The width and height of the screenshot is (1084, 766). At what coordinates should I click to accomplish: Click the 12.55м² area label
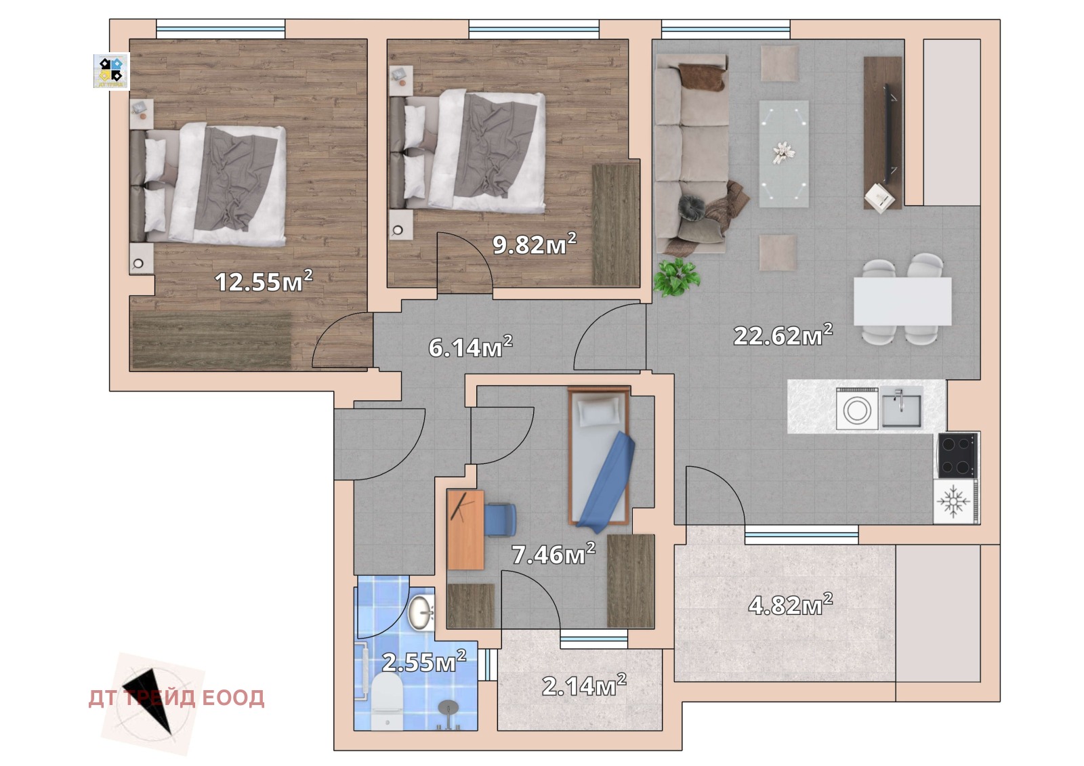pos(264,281)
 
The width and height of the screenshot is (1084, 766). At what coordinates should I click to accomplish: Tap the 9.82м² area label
pos(535,243)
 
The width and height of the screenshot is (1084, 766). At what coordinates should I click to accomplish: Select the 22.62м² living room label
pos(783,335)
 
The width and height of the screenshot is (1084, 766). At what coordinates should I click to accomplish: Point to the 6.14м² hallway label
pos(470,347)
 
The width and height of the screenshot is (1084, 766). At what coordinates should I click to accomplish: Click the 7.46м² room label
pos(554,554)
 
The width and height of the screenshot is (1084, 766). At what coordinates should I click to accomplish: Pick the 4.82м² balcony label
pos(791,605)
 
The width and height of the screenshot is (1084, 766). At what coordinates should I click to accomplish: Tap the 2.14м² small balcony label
pos(584,685)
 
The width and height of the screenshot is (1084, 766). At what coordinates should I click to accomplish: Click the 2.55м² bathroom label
pos(424,662)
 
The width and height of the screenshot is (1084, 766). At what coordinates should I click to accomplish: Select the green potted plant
pos(676,277)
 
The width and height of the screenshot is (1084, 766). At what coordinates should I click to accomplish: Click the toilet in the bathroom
pos(387,701)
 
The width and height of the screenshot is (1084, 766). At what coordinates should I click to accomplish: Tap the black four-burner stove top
pos(957,455)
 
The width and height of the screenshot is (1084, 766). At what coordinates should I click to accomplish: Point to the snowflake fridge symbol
pos(953,501)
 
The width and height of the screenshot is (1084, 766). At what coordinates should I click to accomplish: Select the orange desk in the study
pos(465,530)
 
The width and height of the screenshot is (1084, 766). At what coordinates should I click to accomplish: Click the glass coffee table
pos(783,154)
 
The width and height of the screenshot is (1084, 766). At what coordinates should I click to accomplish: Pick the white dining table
pos(902,301)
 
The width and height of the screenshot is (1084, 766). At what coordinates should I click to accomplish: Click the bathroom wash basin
pos(421,613)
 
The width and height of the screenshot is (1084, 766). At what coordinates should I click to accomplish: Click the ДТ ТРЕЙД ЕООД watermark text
pos(176,698)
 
